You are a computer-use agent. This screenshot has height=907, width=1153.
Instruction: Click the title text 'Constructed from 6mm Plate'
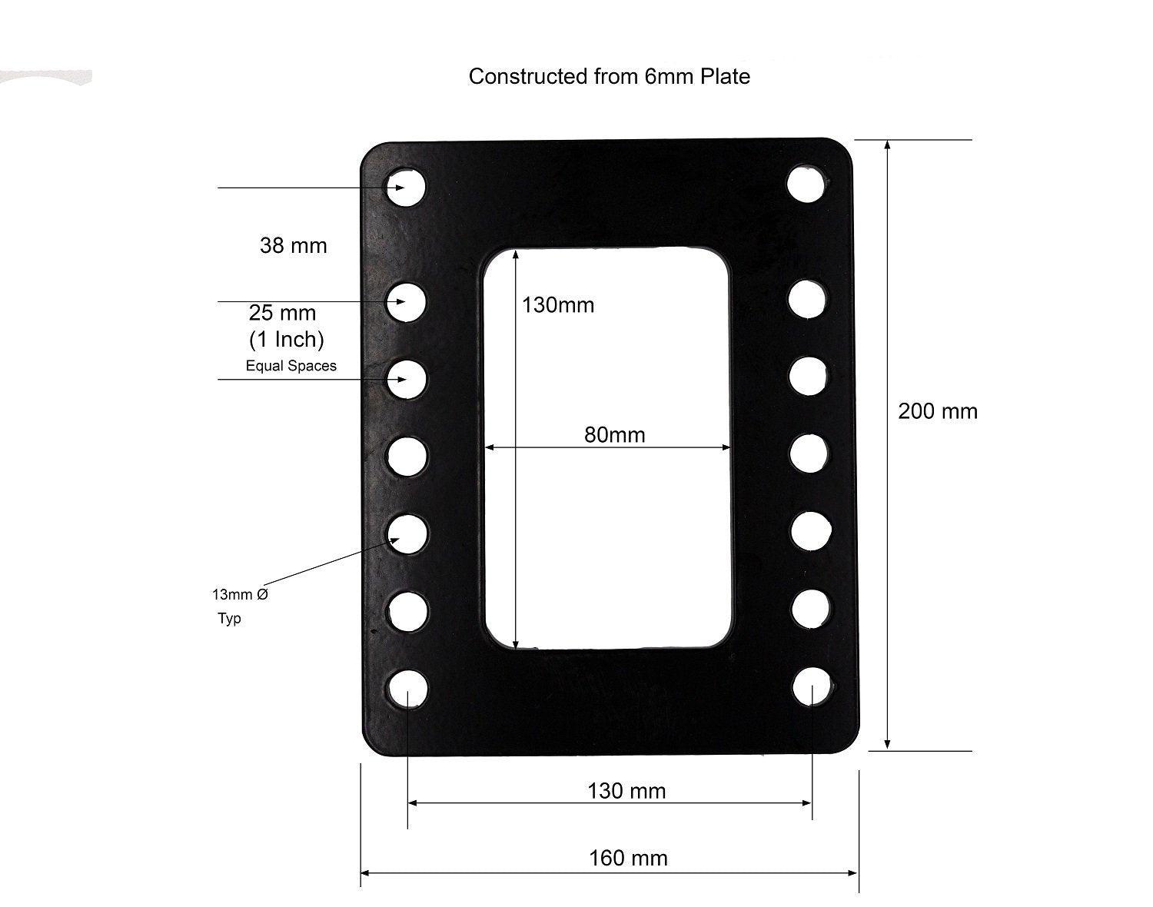[x=610, y=77]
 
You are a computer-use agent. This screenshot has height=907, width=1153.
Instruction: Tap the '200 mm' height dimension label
[x=938, y=411]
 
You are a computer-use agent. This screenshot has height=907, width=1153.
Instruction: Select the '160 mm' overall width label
[x=628, y=859]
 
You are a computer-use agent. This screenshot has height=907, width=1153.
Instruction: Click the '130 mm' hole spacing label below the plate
[x=626, y=791]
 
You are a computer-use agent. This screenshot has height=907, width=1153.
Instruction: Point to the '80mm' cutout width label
[x=614, y=435]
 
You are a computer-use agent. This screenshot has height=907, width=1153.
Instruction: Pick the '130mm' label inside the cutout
[x=558, y=305]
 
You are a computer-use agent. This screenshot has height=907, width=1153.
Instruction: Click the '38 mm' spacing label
[x=293, y=246]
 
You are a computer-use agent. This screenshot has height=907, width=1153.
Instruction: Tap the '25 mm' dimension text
[x=282, y=313]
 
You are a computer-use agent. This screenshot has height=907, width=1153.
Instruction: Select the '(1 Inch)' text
[x=287, y=340]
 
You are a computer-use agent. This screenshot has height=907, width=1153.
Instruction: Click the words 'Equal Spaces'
[x=291, y=366]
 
